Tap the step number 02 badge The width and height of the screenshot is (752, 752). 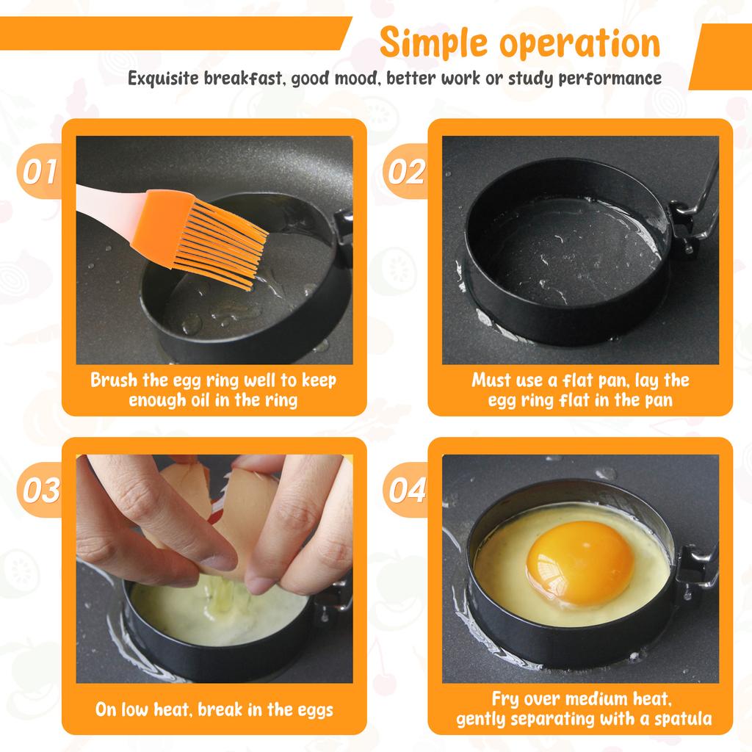pyautogui.click(x=405, y=172)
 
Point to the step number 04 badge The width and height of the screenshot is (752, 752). pyautogui.click(x=405, y=490)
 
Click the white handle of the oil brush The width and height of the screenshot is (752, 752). pyautogui.click(x=103, y=203)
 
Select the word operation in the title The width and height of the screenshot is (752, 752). pyautogui.click(x=580, y=44)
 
